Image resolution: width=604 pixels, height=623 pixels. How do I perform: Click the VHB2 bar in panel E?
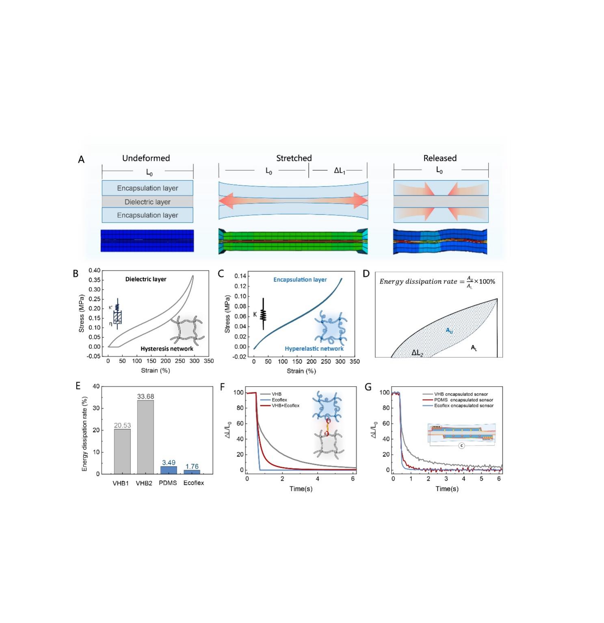145,437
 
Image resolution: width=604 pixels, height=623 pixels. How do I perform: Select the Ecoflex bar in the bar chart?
192,472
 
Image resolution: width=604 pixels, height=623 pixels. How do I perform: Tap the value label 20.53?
122,425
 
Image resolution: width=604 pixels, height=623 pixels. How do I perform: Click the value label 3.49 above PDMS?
169,463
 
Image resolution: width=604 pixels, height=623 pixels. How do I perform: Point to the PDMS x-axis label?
168,483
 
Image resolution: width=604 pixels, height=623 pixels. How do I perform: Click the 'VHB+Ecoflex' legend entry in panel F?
285,405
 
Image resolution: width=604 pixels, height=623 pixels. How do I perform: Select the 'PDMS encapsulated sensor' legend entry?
463,400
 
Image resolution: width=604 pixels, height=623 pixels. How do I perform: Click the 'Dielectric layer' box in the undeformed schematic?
147,202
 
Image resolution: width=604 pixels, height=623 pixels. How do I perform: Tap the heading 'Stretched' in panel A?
294,158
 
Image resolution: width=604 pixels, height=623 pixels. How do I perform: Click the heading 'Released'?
440,158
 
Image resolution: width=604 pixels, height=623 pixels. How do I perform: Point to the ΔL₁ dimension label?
339,171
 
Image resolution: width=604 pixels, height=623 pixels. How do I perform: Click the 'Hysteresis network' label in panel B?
167,348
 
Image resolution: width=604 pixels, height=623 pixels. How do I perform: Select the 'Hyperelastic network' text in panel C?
314,348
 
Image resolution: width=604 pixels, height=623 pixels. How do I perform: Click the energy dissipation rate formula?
437,281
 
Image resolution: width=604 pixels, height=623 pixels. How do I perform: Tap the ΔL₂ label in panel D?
417,353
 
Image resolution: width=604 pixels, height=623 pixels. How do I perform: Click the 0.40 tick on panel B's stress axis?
94,270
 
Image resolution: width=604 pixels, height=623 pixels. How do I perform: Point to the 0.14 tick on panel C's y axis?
240,276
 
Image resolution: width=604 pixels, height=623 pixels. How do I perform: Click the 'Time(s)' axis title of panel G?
447,489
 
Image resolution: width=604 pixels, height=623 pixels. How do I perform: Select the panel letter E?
78,386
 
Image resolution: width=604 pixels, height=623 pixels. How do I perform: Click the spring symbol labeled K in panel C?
263,314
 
